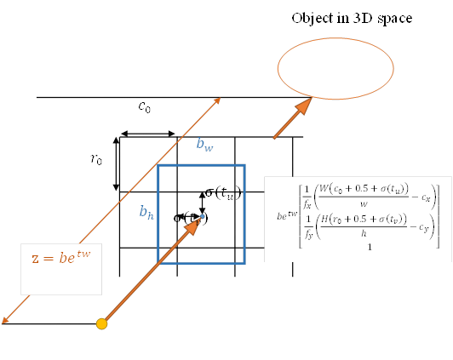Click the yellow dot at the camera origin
click(x=102, y=323)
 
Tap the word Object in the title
click(x=312, y=18)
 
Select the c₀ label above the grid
click(x=146, y=107)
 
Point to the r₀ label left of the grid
click(x=97, y=159)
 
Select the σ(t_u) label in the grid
click(x=222, y=192)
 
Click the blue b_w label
click(x=204, y=145)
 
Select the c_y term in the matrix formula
click(x=423, y=227)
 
